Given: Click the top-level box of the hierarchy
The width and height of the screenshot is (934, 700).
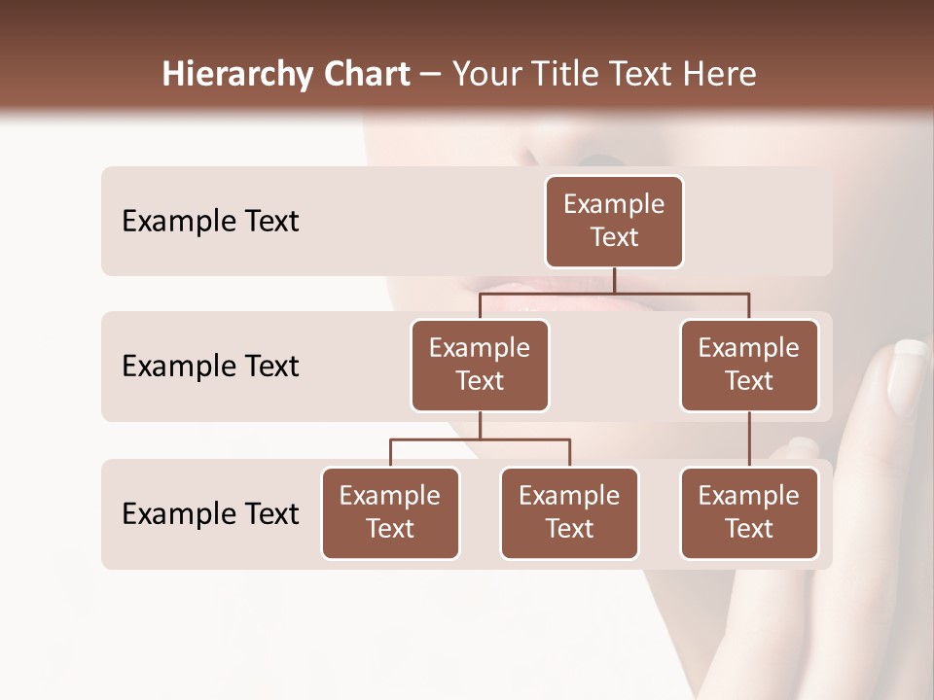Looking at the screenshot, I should (x=614, y=221).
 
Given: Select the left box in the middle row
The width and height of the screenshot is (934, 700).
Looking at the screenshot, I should (x=480, y=365).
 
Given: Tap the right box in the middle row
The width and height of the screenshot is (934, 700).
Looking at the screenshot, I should (x=749, y=365).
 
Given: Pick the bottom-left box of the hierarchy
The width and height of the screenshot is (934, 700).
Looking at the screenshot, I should (x=390, y=512).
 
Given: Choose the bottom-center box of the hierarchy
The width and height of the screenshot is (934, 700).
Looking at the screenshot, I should (x=569, y=512).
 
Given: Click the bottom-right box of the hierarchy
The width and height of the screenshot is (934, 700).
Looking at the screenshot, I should (x=749, y=512).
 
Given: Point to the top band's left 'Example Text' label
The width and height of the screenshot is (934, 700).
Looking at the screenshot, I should (x=210, y=221).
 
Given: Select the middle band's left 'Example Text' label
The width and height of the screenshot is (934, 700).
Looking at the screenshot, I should (x=210, y=366).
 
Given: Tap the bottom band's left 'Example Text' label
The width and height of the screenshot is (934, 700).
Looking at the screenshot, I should (x=210, y=513).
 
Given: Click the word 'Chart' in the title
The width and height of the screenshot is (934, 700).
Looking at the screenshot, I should (x=362, y=74).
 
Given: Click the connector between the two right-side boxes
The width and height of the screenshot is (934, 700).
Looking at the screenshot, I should (x=749, y=438).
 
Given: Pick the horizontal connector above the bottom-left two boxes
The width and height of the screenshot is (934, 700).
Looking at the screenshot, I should (x=480, y=439).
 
